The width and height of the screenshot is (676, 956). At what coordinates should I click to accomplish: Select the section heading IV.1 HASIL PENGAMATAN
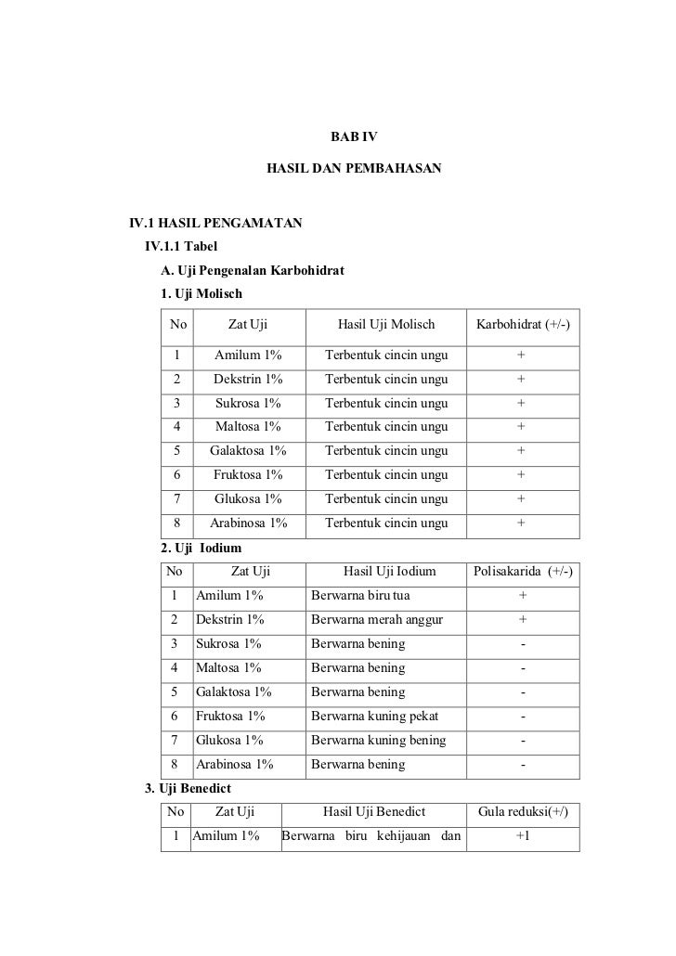point(214,224)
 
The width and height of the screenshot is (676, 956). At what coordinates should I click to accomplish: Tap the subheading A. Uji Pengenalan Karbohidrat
point(253,272)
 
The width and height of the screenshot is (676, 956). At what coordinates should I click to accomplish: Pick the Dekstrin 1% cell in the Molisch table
point(248,379)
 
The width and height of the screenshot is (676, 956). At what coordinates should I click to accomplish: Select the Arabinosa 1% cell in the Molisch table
point(248,523)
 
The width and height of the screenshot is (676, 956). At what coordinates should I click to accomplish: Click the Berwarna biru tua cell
point(360,595)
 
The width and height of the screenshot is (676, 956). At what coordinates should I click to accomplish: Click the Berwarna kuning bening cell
point(378,740)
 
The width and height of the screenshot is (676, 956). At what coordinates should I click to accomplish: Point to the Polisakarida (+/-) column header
point(523,571)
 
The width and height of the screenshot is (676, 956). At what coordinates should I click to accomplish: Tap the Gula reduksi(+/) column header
point(523,813)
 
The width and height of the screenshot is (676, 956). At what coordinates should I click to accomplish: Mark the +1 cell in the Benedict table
point(523,837)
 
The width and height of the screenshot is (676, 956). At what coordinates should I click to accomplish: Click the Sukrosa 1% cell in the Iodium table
point(228,643)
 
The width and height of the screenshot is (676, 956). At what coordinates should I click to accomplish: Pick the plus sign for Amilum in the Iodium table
point(523,595)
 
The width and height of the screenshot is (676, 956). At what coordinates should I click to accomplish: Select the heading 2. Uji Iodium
point(201,548)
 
